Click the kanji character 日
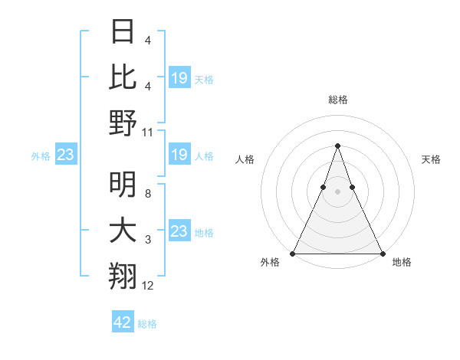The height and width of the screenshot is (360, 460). click(123, 31)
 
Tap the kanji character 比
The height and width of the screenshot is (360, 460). click(123, 77)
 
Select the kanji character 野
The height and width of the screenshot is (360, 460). click(123, 123)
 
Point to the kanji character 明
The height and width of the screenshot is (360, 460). click(123, 185)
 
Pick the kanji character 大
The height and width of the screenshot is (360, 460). click(123, 231)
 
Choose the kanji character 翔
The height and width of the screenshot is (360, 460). click(123, 277)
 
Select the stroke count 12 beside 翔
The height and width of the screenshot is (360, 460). click(148, 286)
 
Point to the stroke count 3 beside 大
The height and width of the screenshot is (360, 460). click(148, 241)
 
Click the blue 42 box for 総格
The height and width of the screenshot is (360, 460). click(123, 322)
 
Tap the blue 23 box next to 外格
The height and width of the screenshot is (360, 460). click(65, 155)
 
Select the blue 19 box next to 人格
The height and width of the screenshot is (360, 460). click(179, 155)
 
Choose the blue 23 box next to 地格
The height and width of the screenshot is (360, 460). click(179, 231)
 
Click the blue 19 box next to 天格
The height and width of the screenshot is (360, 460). click(179, 77)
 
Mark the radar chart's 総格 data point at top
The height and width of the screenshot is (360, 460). click(337, 146)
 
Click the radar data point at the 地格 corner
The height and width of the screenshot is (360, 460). click(382, 253)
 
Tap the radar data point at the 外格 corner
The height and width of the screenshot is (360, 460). click(293, 253)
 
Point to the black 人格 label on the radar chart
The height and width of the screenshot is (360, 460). click(245, 159)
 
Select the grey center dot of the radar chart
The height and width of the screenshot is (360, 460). click(337, 191)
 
